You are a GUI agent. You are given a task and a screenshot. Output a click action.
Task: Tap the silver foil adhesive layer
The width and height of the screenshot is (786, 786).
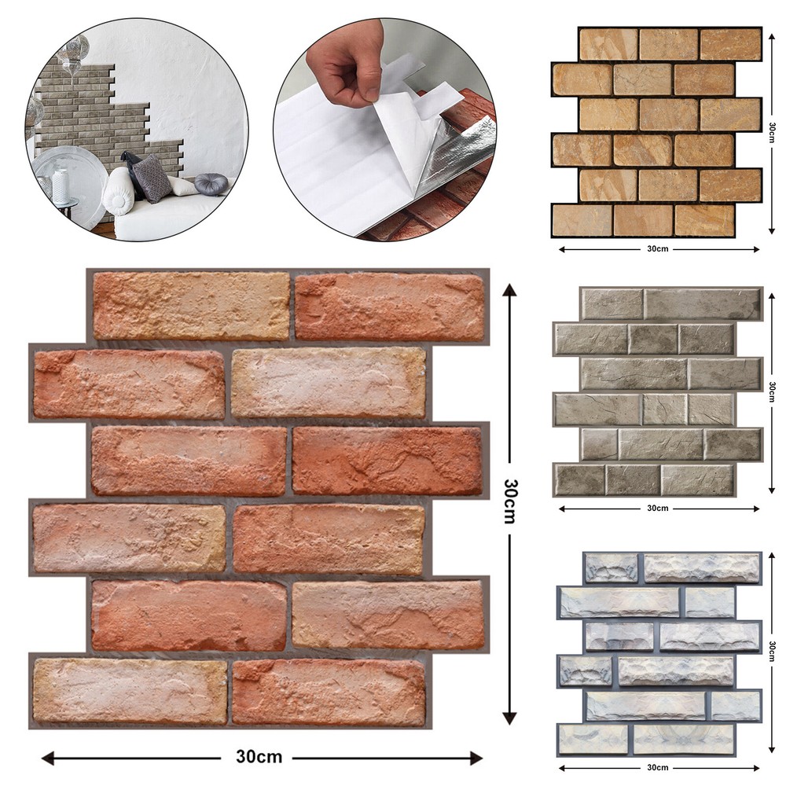464,153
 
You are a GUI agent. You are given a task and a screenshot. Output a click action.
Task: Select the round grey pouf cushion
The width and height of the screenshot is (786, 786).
210,183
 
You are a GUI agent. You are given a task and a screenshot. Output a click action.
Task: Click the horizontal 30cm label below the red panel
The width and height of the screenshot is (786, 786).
259,757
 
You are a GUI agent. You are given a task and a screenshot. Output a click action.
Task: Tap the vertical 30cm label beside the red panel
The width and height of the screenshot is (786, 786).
509,503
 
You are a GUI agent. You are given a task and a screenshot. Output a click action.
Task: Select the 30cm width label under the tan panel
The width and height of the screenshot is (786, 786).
657,250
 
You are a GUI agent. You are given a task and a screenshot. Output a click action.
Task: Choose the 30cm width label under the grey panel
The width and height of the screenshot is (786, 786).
657,508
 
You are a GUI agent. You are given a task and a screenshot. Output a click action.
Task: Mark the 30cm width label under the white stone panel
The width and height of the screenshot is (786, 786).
657,767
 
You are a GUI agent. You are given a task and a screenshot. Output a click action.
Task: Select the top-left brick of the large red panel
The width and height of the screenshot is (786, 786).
191,306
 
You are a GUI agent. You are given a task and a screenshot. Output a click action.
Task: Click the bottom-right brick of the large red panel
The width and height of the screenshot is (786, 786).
329,692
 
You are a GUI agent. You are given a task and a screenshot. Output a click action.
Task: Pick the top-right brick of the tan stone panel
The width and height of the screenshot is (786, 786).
730,45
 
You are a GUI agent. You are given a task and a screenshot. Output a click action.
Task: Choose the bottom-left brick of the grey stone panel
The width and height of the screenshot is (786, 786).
579,479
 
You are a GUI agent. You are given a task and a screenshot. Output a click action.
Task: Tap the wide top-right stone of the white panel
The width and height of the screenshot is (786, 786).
702,567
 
